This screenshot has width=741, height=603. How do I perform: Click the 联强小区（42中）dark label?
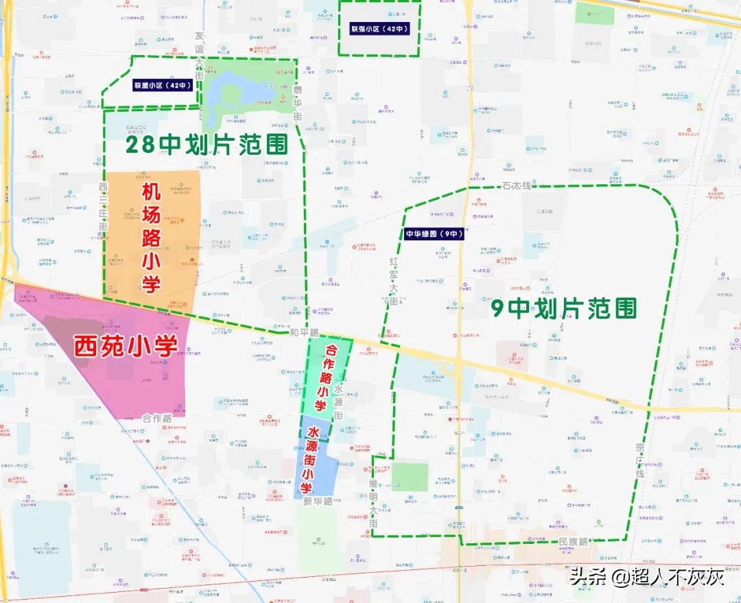(379, 30)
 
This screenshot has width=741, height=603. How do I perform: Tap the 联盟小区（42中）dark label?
(163, 86)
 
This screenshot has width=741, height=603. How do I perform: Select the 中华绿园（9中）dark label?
(434, 234)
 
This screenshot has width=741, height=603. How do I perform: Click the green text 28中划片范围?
(204, 144)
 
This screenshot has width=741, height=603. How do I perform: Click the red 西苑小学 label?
(126, 345)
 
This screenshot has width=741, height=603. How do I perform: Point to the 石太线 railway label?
(517, 186)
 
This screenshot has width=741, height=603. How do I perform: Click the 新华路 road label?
(317, 501)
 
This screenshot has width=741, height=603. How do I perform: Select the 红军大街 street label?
(394, 282)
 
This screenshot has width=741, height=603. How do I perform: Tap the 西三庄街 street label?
(103, 206)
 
